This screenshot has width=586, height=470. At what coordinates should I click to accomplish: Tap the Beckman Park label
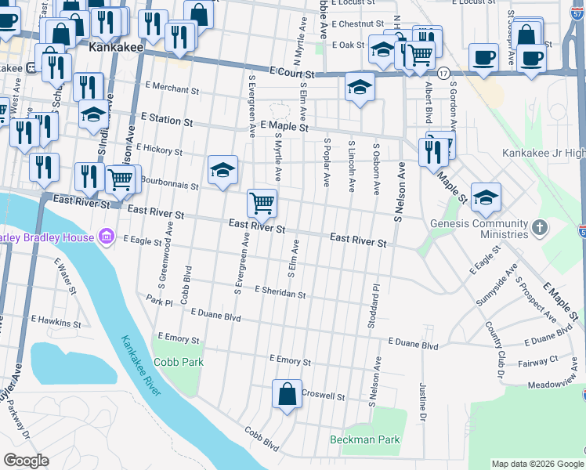tap(365, 439)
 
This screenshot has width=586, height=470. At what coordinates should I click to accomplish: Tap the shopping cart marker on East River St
tap(262, 204)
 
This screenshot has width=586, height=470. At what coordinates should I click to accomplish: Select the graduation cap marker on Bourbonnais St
tap(222, 170)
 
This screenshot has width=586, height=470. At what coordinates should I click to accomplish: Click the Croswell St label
tap(323, 396)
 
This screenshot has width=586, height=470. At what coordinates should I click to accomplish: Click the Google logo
tap(26, 461)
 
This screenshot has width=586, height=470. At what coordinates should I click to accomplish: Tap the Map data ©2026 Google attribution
tap(536, 464)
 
